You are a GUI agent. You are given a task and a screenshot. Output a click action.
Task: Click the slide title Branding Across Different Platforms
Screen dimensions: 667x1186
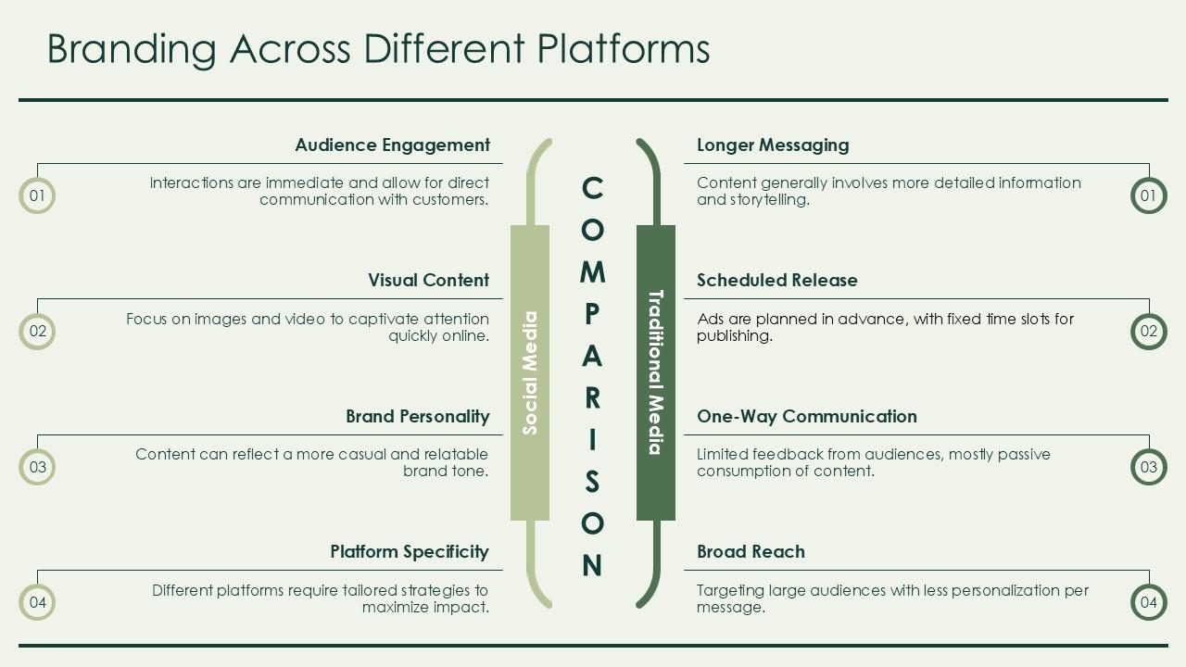click(378, 48)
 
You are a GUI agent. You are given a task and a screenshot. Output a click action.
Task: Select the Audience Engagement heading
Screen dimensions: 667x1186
click(392, 145)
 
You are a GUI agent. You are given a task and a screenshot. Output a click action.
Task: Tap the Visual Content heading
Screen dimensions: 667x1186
click(428, 280)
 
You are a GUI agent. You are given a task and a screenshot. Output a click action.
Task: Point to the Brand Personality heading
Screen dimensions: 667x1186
click(417, 416)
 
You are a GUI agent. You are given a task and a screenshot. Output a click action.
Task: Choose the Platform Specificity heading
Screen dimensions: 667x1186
click(409, 551)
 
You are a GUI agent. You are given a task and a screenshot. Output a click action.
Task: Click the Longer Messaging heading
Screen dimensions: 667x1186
click(773, 145)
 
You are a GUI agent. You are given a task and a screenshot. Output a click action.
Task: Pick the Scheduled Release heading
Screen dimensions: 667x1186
click(776, 280)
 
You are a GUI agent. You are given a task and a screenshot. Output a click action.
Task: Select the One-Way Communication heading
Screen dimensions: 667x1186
click(806, 416)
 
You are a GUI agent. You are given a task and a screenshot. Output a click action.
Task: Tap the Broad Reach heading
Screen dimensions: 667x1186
click(751, 551)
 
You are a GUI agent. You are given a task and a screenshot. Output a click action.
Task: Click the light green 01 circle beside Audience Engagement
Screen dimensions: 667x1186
click(37, 195)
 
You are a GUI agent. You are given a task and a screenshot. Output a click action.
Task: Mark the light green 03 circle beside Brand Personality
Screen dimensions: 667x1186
click(37, 467)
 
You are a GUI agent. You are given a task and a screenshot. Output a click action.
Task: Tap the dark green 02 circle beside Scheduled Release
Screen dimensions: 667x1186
click(1148, 332)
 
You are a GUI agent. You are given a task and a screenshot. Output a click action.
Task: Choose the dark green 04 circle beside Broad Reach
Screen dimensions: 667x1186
click(1148, 603)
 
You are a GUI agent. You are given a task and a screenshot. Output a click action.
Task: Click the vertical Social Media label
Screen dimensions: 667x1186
click(530, 372)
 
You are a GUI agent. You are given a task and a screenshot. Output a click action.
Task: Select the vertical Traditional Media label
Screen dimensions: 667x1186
click(655, 372)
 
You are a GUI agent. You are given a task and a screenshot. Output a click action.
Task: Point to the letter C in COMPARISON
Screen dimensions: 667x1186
click(592, 188)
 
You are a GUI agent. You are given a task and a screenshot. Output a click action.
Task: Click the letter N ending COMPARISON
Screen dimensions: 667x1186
click(592, 565)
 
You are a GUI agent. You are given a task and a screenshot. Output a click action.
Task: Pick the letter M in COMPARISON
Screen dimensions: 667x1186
click(592, 271)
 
